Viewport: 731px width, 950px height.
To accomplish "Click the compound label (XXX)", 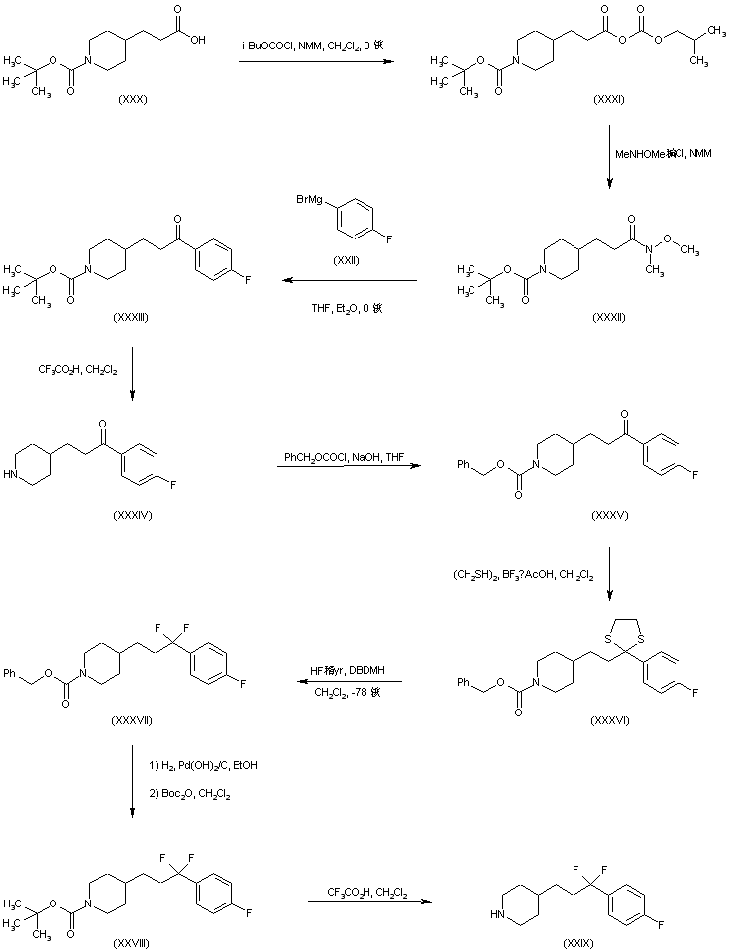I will tap(132, 98).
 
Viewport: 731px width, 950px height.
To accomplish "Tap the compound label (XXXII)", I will tap(607, 316).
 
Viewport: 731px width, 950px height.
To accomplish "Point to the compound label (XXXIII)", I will tap(132, 314).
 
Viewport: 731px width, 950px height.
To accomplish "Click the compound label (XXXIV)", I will tap(132, 516).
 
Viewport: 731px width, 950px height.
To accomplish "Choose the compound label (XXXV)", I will tap(606, 516).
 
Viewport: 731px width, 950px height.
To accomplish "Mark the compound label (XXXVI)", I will tap(606, 719).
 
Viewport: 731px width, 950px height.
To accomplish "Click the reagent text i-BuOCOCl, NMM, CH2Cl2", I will tap(315, 47).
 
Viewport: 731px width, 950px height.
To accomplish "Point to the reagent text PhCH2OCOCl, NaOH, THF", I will tap(343, 456).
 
